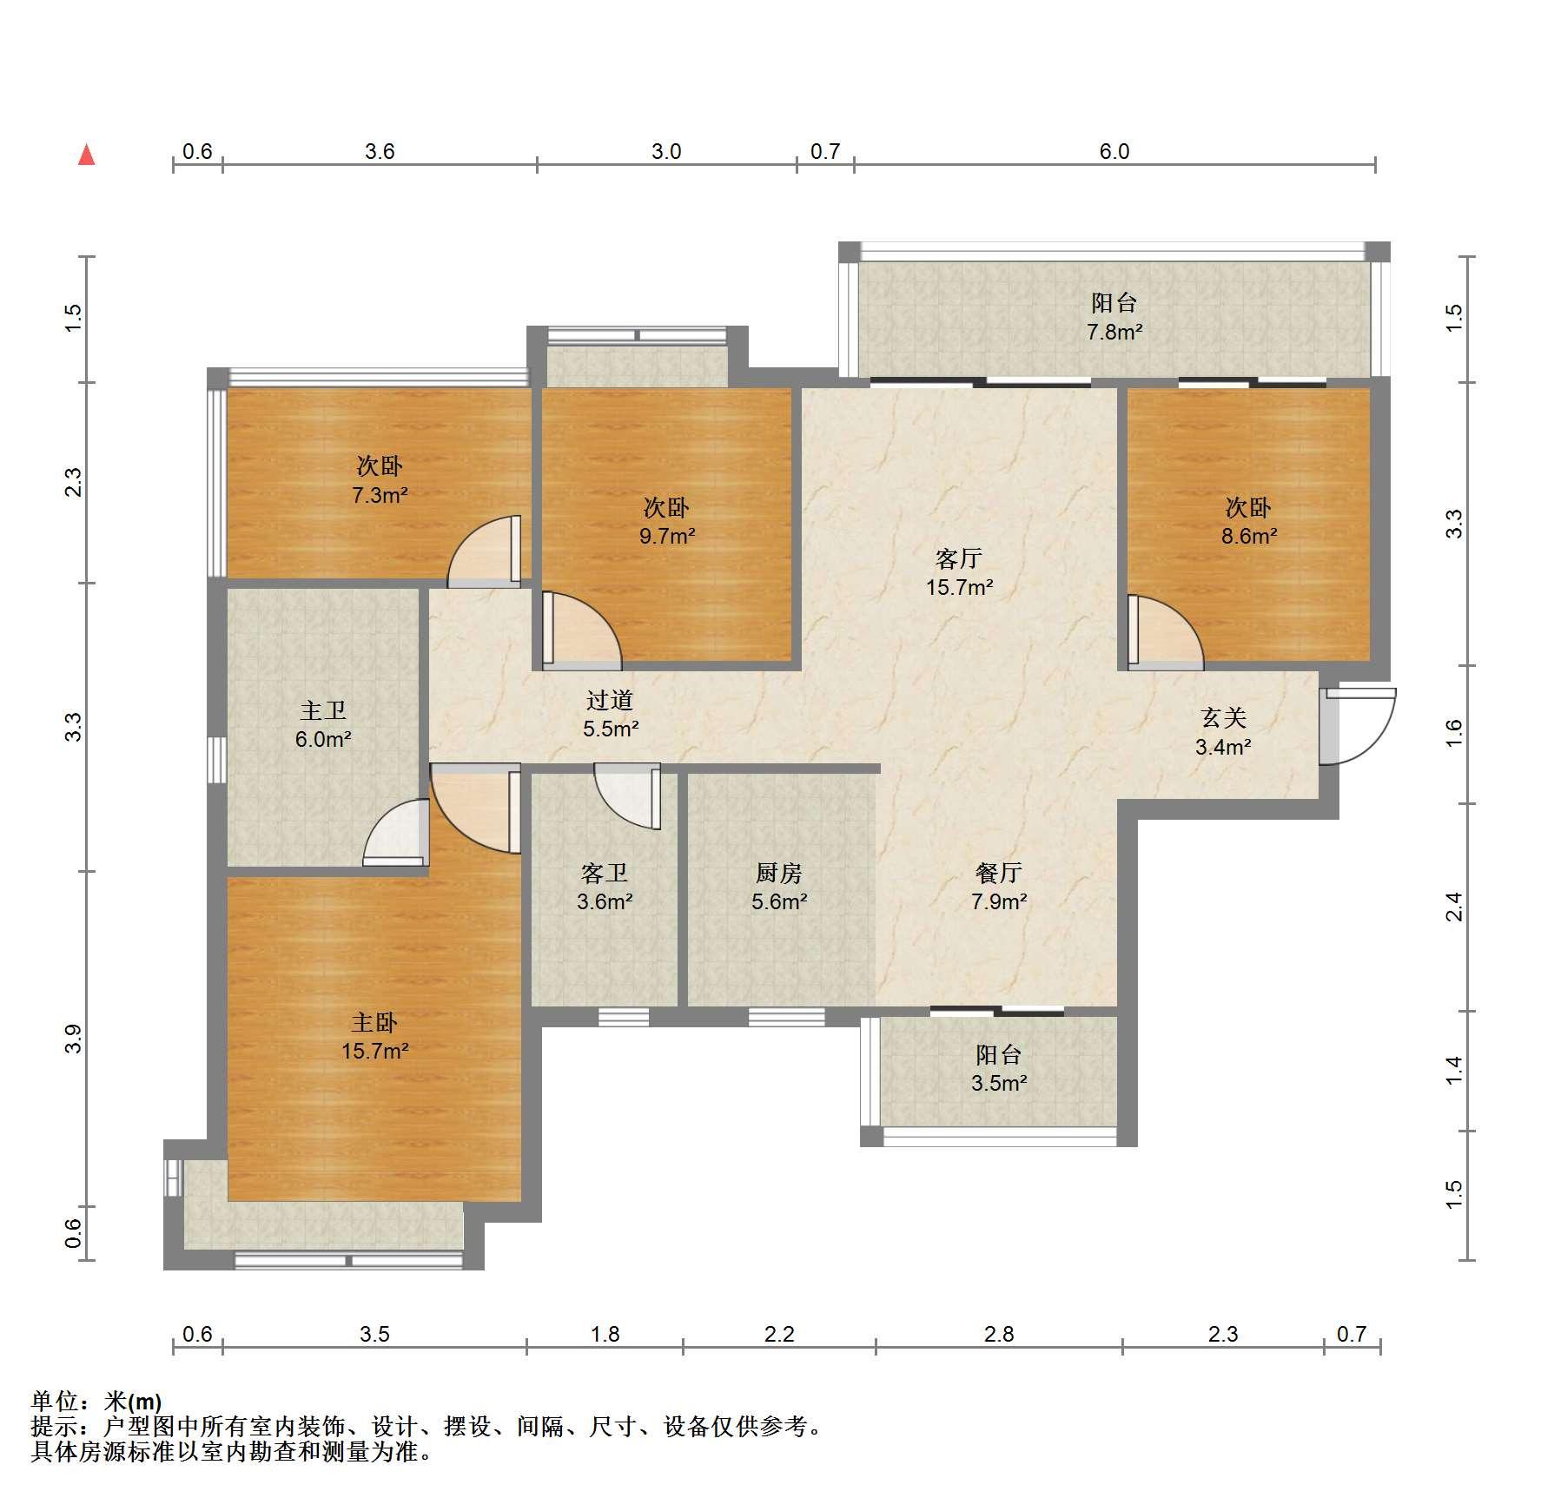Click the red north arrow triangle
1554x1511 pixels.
[86, 155]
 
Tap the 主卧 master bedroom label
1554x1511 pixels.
[374, 1022]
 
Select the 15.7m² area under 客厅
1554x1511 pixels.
[959, 587]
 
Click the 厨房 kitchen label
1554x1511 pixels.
[779, 873]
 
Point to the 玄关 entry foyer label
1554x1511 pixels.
[1223, 717]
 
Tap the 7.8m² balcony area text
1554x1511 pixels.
[1114, 332]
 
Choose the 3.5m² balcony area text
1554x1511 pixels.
[999, 1083]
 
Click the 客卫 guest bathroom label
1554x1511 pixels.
[604, 873]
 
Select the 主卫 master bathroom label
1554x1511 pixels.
[323, 710]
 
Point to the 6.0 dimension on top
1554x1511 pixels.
[1114, 152]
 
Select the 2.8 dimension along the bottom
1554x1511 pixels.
[999, 1334]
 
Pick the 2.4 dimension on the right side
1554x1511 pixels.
[1454, 907]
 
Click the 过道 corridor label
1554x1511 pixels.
[610, 700]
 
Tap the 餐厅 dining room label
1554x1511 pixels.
[999, 873]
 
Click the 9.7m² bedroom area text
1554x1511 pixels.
[667, 536]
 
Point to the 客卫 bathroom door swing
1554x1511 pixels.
[627, 796]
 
